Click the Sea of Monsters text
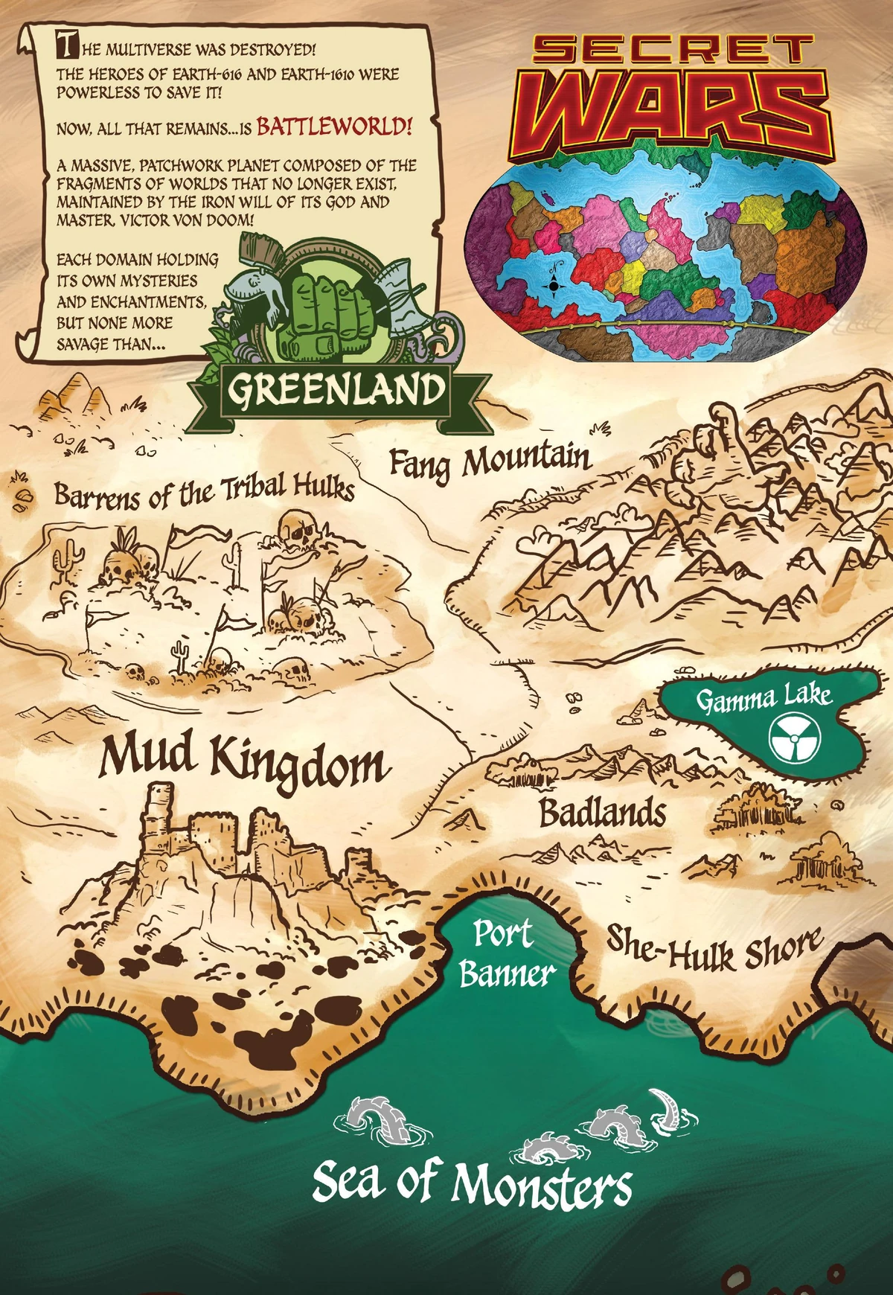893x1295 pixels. click(x=472, y=1183)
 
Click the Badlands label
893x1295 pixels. click(x=602, y=813)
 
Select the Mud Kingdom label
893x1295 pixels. click(x=244, y=759)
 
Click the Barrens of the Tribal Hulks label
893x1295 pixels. click(x=204, y=491)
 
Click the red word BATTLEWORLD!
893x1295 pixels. click(x=333, y=127)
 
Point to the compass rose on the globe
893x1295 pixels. click(x=554, y=285)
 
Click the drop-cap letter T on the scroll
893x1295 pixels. click(x=67, y=46)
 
